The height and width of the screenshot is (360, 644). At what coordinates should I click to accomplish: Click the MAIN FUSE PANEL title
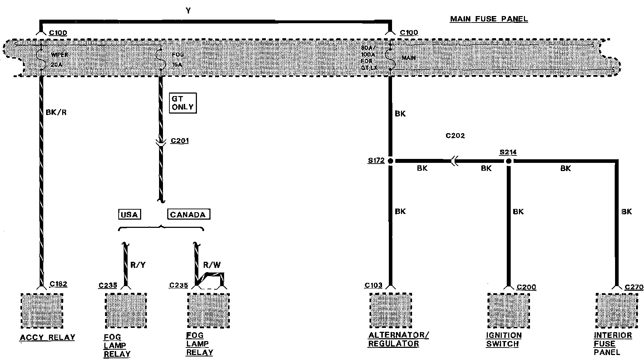(489, 19)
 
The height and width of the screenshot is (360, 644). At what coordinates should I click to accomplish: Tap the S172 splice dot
(390, 161)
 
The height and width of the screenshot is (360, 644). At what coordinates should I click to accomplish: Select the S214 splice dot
(509, 161)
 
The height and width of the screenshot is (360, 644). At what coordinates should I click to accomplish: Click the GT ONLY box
(183, 103)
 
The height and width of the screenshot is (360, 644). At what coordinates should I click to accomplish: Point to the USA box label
(129, 215)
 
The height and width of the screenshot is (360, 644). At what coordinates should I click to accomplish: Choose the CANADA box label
(188, 215)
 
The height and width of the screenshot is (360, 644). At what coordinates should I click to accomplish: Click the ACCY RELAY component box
(42, 311)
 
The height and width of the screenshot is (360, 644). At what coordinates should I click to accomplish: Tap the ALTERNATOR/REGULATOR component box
(390, 310)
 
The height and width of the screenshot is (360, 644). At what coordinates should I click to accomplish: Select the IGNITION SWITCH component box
(509, 311)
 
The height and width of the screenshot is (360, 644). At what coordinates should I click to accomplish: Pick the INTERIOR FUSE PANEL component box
(616, 311)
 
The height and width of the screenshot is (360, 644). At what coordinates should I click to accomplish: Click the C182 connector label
(58, 284)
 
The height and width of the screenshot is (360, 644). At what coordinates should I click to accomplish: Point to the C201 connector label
(179, 141)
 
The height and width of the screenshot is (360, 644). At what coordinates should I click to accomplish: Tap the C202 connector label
(455, 136)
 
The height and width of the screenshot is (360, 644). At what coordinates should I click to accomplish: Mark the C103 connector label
(373, 285)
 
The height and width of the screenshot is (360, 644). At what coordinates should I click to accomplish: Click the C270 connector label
(634, 287)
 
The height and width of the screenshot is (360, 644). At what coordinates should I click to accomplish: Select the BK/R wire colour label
(56, 112)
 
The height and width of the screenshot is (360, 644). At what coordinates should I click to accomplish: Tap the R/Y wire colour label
(138, 265)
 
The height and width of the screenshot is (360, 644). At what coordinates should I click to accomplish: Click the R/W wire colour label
(212, 265)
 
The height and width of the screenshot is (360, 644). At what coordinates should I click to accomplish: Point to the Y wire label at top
(188, 11)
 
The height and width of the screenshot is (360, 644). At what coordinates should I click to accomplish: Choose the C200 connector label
(526, 287)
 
